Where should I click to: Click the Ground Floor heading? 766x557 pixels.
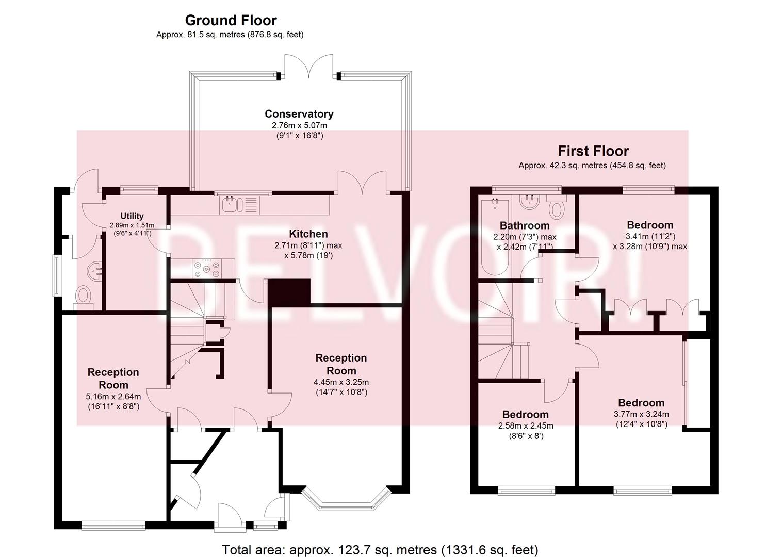231,21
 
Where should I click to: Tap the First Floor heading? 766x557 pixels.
593,151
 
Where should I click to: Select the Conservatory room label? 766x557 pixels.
299,114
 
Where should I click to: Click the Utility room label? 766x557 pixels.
132,216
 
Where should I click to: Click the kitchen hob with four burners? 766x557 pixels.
206,269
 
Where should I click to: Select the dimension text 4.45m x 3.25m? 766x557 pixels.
341,382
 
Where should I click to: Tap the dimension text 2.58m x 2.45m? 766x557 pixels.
526,426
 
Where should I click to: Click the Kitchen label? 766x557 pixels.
308,234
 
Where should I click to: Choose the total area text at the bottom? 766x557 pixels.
380,540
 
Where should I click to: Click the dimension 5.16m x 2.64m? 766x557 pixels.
113,397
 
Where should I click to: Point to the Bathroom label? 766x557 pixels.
525,226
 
